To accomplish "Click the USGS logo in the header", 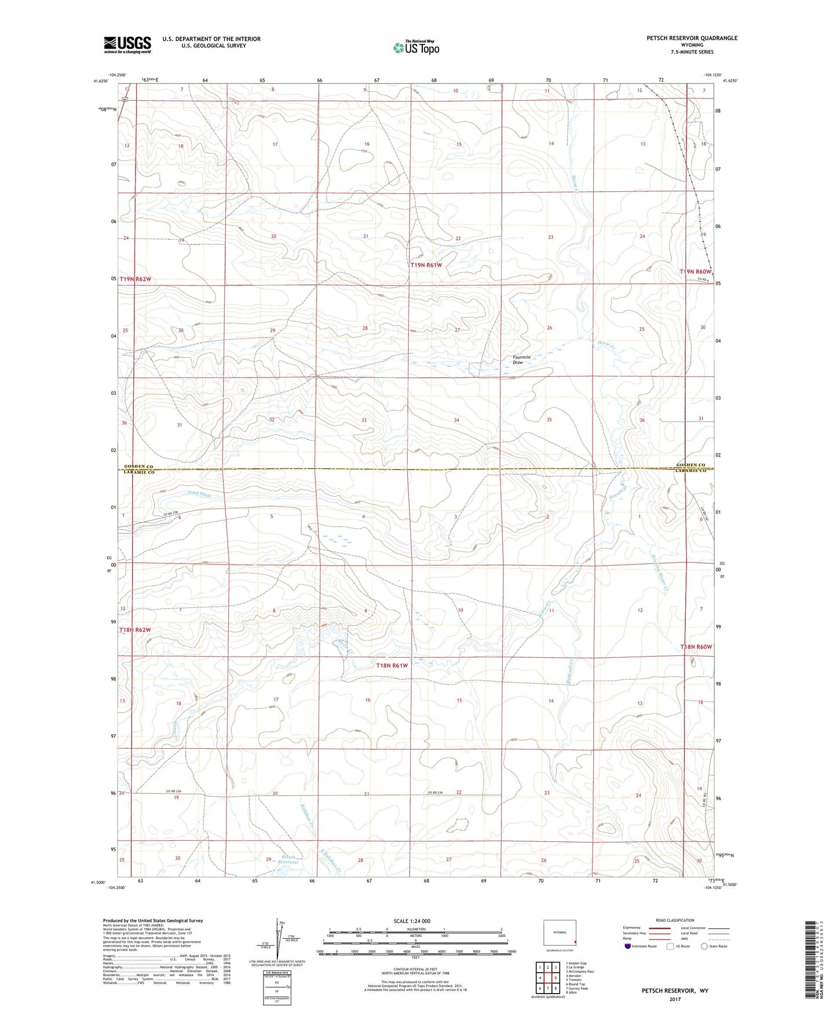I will coord(127,45).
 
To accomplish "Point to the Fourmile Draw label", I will coord(521,360).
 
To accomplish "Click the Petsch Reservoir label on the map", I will coord(289,859).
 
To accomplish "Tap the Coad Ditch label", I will coord(199,494).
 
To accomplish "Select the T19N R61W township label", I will coord(426,265).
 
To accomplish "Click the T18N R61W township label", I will coord(392,665).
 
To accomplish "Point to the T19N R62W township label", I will coord(136,279).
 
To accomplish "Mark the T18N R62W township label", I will coord(135,629).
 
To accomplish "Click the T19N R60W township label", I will coord(695,271).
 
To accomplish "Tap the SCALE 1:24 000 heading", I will coord(412,921).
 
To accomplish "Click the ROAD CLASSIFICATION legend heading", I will coord(674,920).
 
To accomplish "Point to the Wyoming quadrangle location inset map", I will coord(560,933).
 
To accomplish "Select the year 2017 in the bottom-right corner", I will coord(674,999).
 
